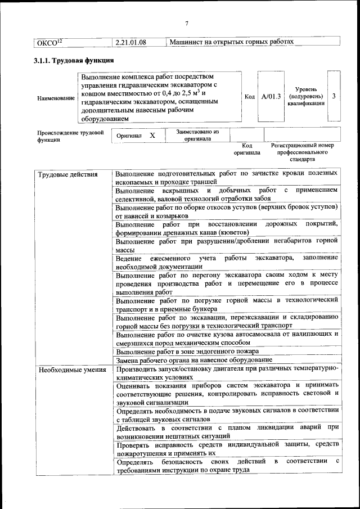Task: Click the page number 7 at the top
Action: click(186, 22)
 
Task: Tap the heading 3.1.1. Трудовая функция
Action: click(74, 60)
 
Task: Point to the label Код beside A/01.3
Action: click(250, 97)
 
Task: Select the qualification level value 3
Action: click(334, 96)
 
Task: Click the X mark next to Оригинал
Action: click(152, 136)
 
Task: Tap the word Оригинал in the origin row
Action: click(129, 136)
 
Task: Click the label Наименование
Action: click(56, 98)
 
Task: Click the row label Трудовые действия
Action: click(67, 174)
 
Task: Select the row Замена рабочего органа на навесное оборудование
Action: click(194, 360)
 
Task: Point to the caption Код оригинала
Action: click(247, 148)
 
